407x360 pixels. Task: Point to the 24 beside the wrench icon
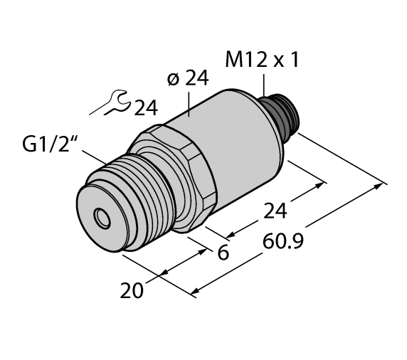(x=146, y=108)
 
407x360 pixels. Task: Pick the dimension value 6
(x=223, y=252)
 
